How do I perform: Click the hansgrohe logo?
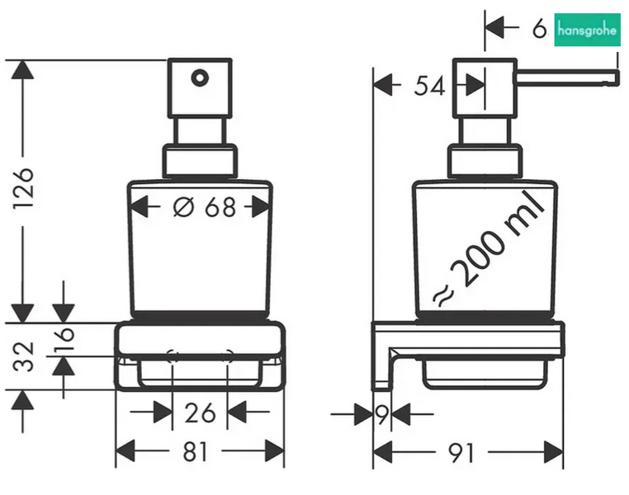tap(587, 30)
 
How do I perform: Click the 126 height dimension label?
tap(23, 188)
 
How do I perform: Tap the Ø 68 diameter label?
tap(204, 207)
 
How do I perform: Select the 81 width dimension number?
tap(196, 451)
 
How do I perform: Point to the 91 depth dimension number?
tap(461, 453)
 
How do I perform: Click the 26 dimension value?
tap(200, 412)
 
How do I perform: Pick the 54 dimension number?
tap(429, 86)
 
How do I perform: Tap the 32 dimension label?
tap(23, 356)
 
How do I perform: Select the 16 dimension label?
tap(64, 340)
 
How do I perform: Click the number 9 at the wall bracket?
tap(382, 414)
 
